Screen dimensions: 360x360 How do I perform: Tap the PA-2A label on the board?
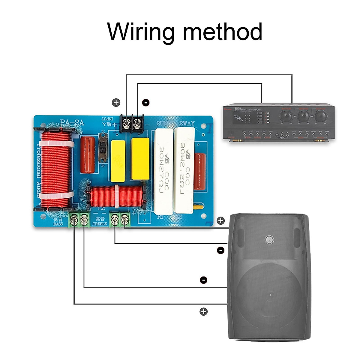click(72, 123)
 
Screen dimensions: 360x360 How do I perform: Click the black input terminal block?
click(132, 123)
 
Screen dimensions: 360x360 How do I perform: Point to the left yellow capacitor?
click(118, 161)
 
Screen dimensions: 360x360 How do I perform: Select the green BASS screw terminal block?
click(79, 220)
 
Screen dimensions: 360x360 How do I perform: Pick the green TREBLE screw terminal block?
click(120, 220)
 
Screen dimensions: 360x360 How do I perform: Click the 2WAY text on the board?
click(187, 123)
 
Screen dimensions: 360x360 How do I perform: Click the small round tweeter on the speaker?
click(269, 239)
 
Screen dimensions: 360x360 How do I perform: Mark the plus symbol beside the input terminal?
click(116, 103)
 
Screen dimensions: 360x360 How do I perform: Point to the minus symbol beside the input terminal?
click(146, 103)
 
